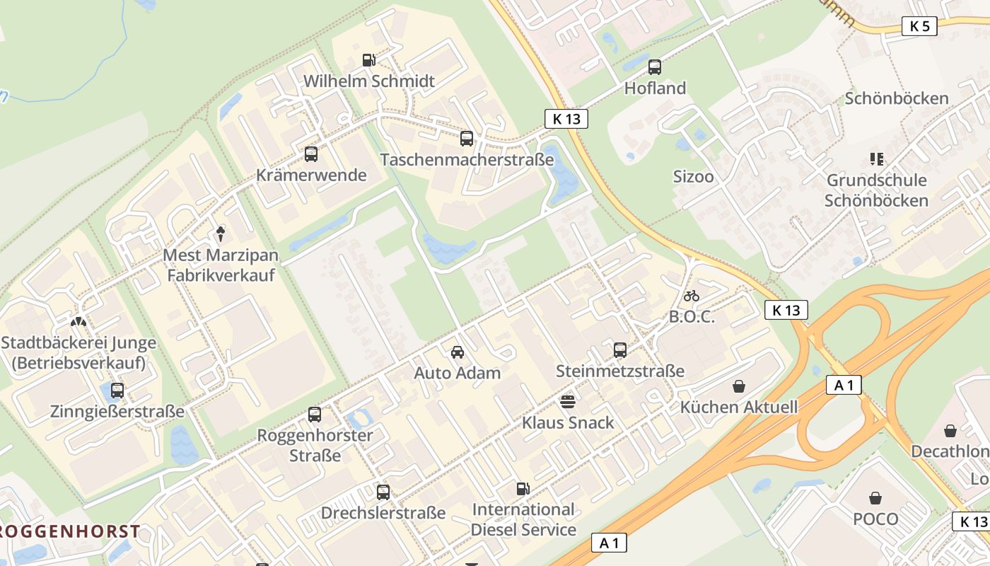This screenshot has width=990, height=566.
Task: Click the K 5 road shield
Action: coord(919,27)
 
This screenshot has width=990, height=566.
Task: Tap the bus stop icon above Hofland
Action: coord(655,67)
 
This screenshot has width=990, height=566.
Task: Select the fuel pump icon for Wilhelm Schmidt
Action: coord(368,60)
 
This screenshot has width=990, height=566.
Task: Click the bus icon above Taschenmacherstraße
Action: coord(467,139)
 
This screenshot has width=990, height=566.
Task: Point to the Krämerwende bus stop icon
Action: coord(311,154)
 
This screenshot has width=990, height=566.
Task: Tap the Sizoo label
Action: coord(693,177)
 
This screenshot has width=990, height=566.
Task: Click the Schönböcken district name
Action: coord(897,98)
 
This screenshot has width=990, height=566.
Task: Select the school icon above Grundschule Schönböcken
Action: coord(877,159)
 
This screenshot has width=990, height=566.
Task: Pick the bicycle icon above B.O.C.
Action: coord(692,296)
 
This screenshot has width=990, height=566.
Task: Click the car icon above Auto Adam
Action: coord(458,352)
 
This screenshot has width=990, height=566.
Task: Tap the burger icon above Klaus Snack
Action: coord(567,402)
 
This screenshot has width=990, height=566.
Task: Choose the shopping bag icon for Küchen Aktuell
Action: coord(739,386)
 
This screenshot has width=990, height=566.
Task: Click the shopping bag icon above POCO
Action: coord(875,498)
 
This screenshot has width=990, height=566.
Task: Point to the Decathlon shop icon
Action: coord(950,430)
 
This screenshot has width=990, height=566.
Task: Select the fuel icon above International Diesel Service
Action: coord(523,488)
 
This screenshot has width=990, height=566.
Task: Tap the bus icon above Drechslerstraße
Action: coord(383,492)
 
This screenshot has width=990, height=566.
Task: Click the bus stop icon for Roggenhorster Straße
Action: coord(315,415)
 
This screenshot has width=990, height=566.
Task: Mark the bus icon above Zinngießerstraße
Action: coord(117,390)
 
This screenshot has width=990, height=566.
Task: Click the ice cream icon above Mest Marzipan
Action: coord(221,233)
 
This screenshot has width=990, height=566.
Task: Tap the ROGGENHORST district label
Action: coord(69,531)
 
